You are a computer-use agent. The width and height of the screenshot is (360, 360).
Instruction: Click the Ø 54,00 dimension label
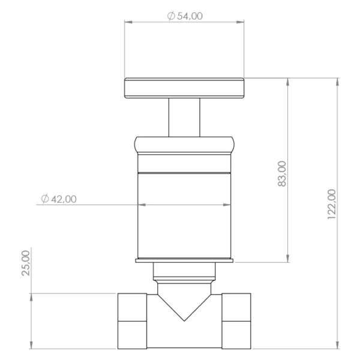pyautogui.click(x=185, y=16)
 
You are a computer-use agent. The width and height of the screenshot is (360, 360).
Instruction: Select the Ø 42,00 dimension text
pyautogui.click(x=59, y=199)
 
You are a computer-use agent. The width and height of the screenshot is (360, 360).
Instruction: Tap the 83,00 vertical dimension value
pyautogui.click(x=282, y=174)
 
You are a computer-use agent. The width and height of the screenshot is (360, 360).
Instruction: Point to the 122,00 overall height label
pyautogui.click(x=332, y=204)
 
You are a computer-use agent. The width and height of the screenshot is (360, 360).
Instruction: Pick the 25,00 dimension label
pyautogui.click(x=26, y=263)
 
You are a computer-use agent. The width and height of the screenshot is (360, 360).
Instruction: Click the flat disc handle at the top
pyautogui.click(x=184, y=88)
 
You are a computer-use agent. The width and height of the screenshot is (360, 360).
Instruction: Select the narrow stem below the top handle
pyautogui.click(x=184, y=118)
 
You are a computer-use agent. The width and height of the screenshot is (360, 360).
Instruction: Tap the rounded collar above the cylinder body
pyautogui.click(x=184, y=145)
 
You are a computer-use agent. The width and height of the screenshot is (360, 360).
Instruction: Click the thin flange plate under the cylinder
pyautogui.click(x=184, y=260)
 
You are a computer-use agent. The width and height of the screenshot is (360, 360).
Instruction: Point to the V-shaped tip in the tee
pyautogui.click(x=184, y=320)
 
